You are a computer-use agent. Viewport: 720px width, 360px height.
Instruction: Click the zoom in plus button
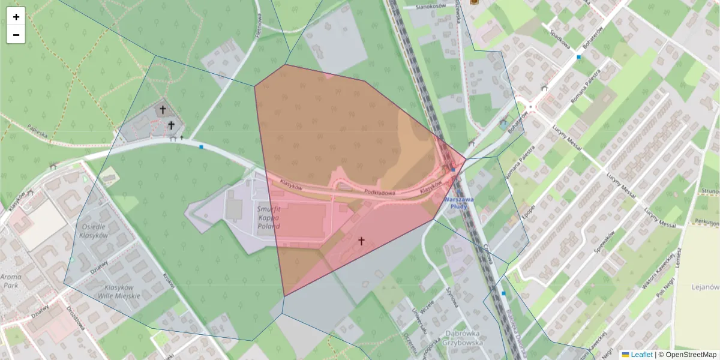(16, 17)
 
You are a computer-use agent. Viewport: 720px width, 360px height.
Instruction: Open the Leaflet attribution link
(641, 355)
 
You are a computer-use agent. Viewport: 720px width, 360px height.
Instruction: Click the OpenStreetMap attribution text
(691, 355)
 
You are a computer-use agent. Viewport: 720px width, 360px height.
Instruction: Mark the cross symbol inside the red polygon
(361, 241)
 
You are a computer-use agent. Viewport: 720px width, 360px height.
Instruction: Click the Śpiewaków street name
(613, 241)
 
